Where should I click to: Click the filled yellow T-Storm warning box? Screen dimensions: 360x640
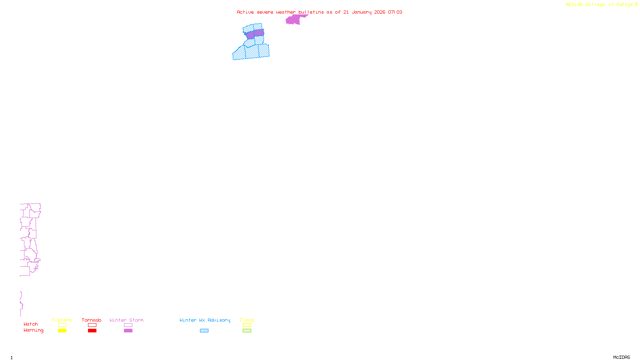coord(62,331)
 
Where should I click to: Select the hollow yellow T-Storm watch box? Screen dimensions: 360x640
coord(62,325)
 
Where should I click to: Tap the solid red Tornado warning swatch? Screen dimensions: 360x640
coord(92,331)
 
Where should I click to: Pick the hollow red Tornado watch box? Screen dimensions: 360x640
coord(92,325)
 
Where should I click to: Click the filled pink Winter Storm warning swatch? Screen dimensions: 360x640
coord(128,331)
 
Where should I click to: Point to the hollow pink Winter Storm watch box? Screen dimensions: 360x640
coord(128,325)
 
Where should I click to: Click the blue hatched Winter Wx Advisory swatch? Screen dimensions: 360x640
coord(204,331)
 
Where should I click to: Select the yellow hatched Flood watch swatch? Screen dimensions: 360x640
coord(247,325)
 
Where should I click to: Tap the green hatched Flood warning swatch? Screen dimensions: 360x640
coord(247,331)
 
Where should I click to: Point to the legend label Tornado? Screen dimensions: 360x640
coord(92,320)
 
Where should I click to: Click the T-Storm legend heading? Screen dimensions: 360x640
coord(62,320)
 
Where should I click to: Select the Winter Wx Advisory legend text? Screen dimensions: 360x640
coord(205,320)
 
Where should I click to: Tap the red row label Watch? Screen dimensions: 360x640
coord(31,324)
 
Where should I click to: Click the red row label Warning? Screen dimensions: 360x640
coord(34,330)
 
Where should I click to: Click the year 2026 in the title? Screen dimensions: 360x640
coord(380,12)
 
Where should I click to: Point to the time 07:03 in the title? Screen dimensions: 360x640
coord(395,12)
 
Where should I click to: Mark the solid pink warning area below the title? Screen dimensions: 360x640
coord(294,20)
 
